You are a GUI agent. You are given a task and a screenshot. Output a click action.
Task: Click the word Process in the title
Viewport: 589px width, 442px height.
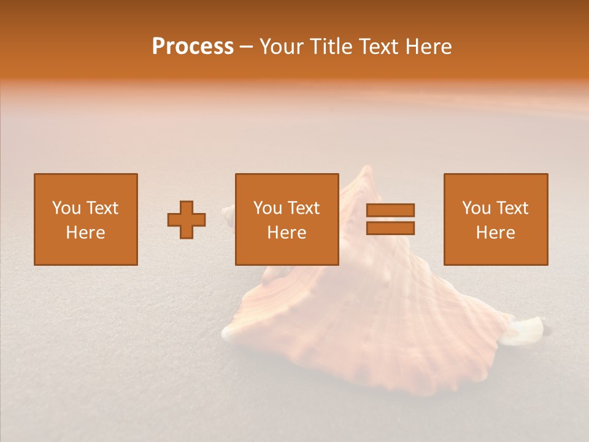tap(193, 47)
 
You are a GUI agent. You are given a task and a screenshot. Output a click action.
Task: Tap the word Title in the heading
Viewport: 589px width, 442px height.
tap(332, 47)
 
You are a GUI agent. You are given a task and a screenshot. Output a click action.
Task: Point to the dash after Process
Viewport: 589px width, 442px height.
tap(247, 47)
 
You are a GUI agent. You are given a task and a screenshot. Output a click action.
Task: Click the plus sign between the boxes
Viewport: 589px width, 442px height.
tap(187, 220)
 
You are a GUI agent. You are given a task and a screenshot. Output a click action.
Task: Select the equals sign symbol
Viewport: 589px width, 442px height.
tap(390, 219)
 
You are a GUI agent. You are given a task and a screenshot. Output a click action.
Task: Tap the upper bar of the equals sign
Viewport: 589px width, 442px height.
tap(390, 210)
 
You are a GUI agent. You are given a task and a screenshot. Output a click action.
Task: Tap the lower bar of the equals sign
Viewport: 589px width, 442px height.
tap(390, 228)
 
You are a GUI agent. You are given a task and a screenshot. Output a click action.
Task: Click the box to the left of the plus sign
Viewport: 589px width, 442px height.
tap(86, 219)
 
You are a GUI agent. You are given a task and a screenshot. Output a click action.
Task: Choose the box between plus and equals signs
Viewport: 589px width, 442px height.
tap(287, 219)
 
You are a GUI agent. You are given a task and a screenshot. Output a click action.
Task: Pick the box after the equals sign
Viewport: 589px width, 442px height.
tap(495, 219)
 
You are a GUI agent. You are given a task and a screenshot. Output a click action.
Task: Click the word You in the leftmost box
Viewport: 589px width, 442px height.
tap(66, 208)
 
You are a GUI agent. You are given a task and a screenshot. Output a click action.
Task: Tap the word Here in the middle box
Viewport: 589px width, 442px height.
tap(287, 233)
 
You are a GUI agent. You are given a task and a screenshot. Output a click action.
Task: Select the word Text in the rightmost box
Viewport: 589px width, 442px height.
tap(512, 208)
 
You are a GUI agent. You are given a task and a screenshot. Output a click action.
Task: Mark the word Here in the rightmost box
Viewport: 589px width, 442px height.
tap(495, 233)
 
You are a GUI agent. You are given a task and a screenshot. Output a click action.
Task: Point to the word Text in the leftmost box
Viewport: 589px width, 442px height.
tap(101, 208)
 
